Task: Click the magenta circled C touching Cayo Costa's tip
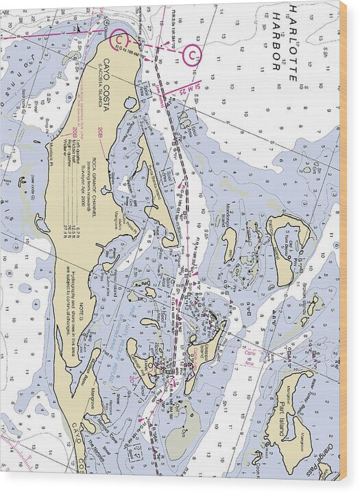[x=119, y=41]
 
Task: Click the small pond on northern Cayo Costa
[x=130, y=102]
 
